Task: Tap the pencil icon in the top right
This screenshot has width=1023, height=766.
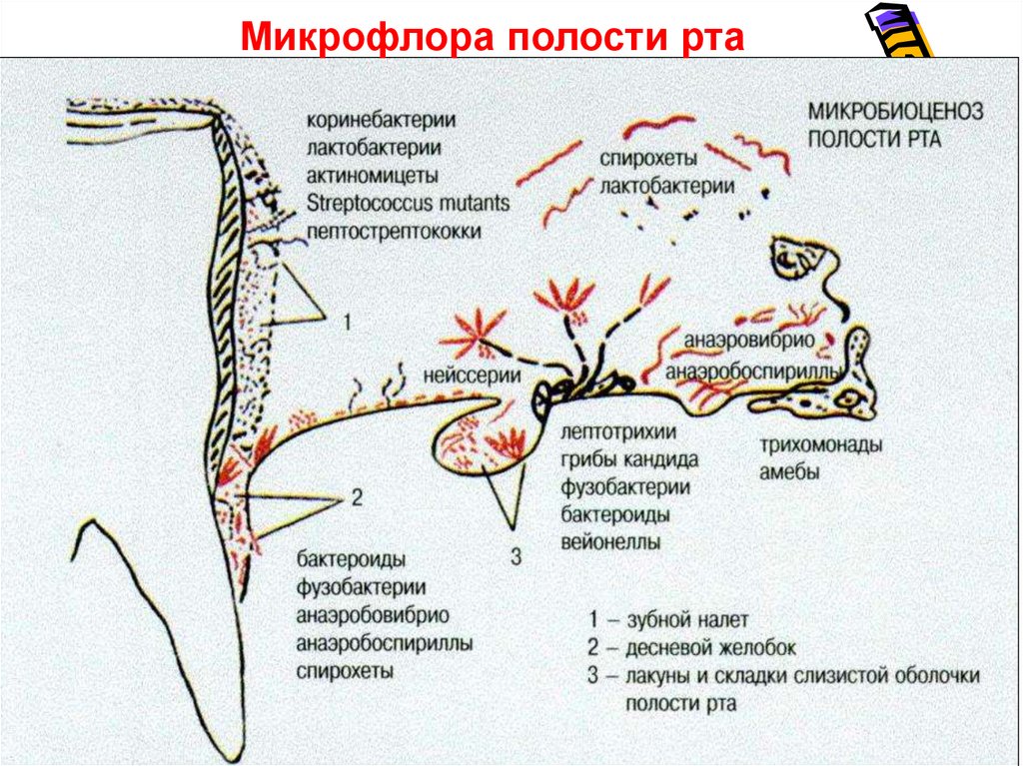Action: (x=902, y=33)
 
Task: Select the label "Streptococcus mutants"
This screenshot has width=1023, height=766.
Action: (x=409, y=204)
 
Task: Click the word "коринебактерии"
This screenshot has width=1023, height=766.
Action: (x=382, y=121)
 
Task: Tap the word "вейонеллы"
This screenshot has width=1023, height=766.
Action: (x=610, y=542)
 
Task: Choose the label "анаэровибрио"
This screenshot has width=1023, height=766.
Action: (x=749, y=342)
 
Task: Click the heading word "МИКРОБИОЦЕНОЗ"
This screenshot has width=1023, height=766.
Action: (x=895, y=111)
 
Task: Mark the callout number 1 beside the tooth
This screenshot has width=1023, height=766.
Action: (x=346, y=323)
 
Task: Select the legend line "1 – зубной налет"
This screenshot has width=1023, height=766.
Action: (x=668, y=620)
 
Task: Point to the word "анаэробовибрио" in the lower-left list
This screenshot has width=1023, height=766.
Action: (x=372, y=615)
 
